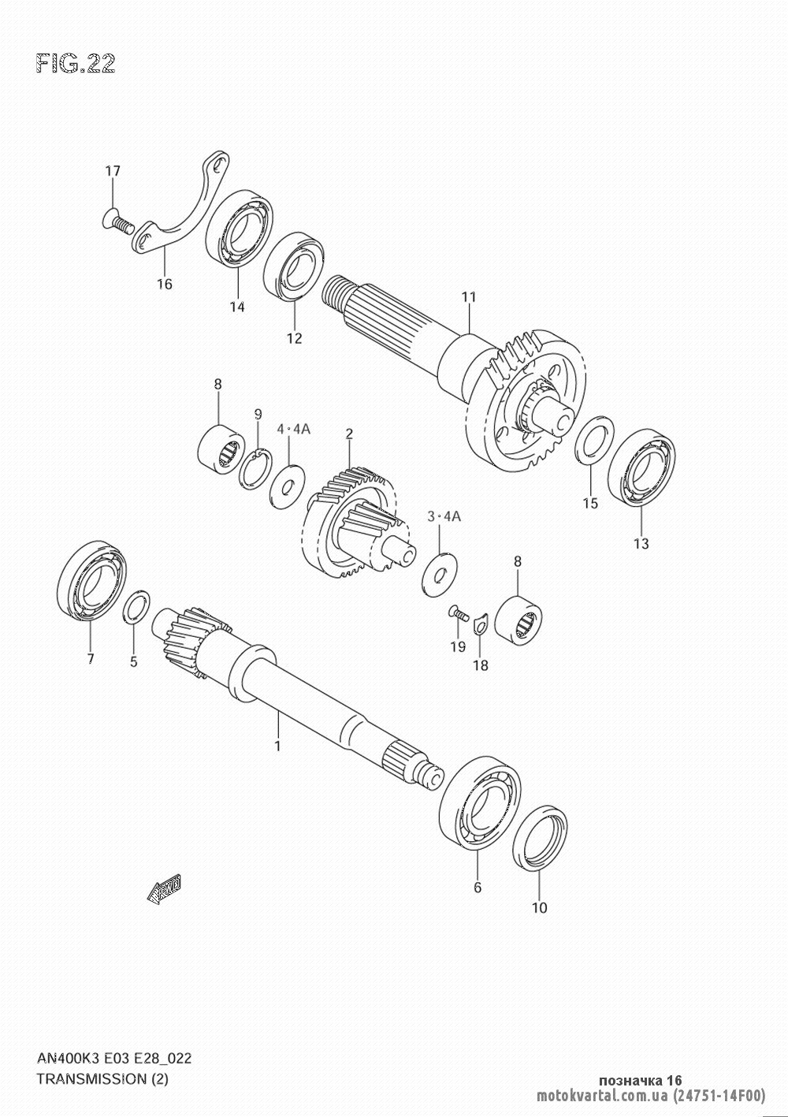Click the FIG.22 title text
pyautogui.click(x=76, y=64)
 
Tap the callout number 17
pyautogui.click(x=112, y=171)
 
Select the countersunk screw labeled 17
pyautogui.click(x=117, y=222)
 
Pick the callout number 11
pyautogui.click(x=469, y=297)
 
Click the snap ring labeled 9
pyautogui.click(x=255, y=469)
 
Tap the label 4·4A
pyautogui.click(x=294, y=429)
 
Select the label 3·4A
pyautogui.click(x=444, y=516)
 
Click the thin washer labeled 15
pyautogui.click(x=595, y=438)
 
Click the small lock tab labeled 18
pyautogui.click(x=479, y=624)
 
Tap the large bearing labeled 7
pyautogui.click(x=92, y=582)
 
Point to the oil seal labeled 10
pyautogui.click(x=540, y=838)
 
